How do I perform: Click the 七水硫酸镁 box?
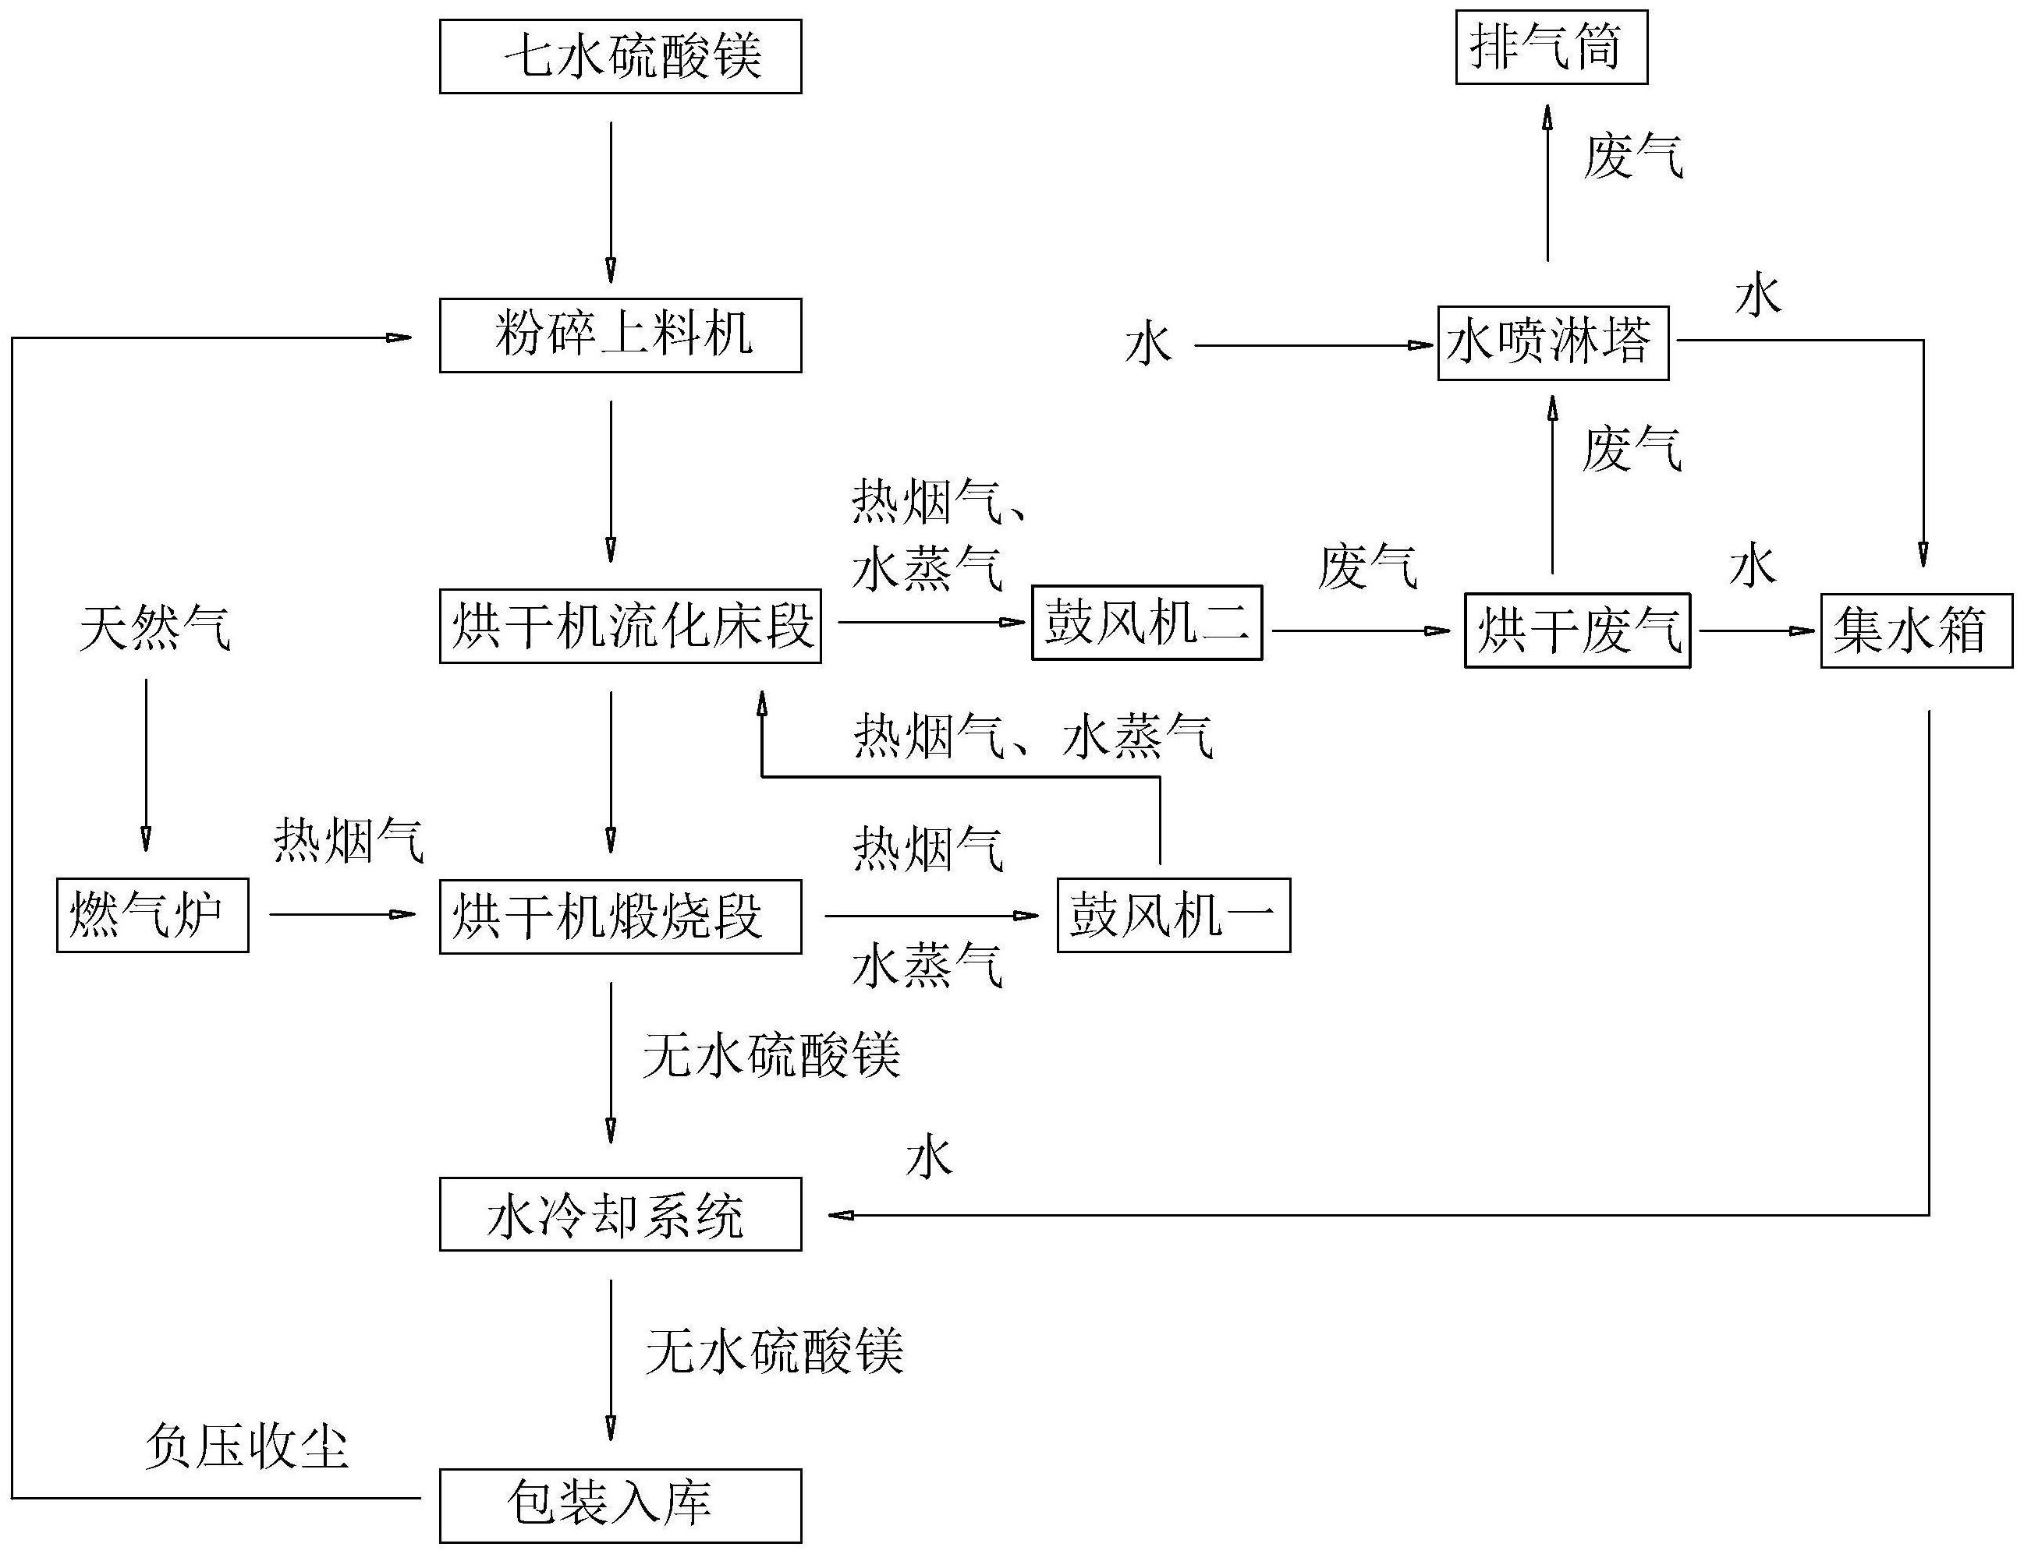[620, 56]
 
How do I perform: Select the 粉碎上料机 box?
[620, 335]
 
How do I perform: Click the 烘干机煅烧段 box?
[620, 916]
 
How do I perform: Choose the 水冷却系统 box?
[620, 1213]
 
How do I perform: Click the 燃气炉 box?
[152, 915]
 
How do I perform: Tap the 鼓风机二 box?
[1147, 623]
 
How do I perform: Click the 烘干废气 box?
[1577, 630]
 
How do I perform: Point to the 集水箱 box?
[1916, 630]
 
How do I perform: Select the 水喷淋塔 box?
[1552, 342]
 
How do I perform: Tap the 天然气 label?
[154, 629]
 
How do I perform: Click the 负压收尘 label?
[246, 1446]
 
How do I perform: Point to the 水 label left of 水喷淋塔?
[1147, 346]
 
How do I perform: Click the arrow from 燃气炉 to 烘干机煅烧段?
[342, 915]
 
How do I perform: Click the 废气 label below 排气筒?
[1632, 155]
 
